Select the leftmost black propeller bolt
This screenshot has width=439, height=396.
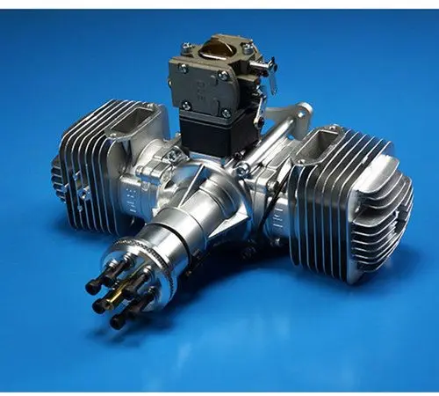[91, 287]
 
